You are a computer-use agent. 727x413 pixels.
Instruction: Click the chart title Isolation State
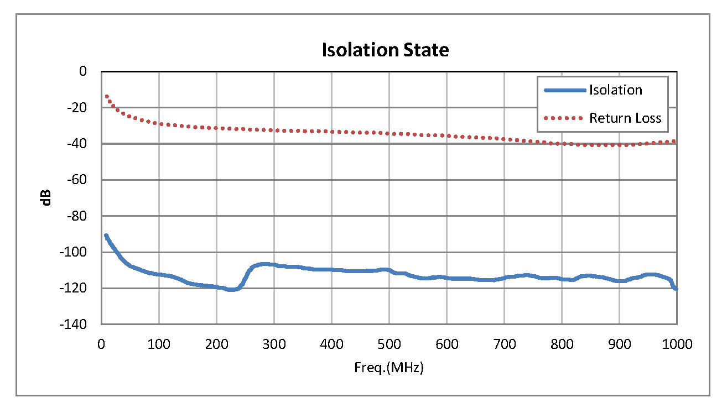coord(385,50)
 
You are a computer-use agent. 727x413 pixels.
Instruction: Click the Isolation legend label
coord(615,90)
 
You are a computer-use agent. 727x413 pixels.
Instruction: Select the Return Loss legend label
coord(625,118)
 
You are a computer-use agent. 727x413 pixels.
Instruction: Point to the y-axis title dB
coord(48,197)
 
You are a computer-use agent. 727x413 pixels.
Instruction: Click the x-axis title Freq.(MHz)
coord(388,368)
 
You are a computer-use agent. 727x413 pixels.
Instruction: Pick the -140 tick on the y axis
coord(76,325)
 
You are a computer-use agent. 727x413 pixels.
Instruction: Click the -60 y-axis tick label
coord(78,180)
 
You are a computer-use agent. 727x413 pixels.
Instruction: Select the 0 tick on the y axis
coord(83,71)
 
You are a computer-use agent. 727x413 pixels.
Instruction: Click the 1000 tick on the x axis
coord(677,344)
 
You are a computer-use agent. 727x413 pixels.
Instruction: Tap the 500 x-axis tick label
coord(389,344)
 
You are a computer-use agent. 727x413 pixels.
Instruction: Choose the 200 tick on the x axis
coord(216,344)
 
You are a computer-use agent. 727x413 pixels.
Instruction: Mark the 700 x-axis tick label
coord(504,344)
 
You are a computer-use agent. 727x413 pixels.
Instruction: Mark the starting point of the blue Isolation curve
coord(106,236)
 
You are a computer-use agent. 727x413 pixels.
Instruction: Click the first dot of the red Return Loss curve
coord(106,96)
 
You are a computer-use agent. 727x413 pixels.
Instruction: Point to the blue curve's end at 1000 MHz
coord(676,288)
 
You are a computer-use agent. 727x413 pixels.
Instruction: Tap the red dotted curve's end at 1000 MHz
coord(674,142)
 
